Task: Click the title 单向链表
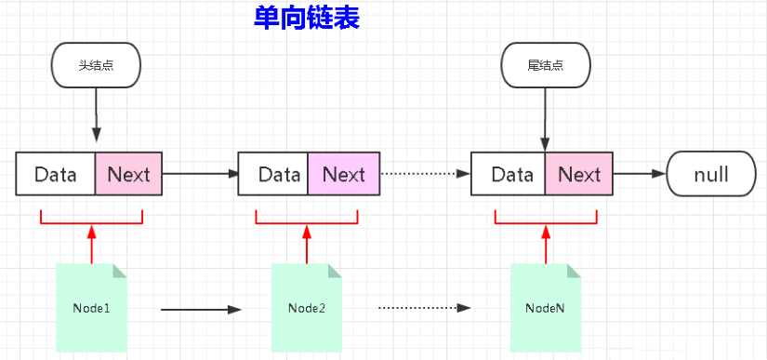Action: tap(306, 18)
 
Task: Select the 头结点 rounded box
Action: tap(96, 66)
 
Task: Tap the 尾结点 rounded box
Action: tap(545, 66)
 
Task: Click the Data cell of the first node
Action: tap(56, 174)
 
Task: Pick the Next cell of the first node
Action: tap(128, 174)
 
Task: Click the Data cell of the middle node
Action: tap(274, 174)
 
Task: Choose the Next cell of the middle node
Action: tap(343, 174)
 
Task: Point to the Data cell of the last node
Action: tap(509, 174)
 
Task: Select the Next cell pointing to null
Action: tap(579, 174)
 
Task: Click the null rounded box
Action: tap(711, 174)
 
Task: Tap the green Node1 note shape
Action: tap(91, 308)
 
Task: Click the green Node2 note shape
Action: tap(306, 308)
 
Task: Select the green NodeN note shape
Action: tap(545, 308)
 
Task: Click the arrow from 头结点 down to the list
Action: tap(95, 121)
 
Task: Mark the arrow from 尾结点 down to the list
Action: tap(545, 121)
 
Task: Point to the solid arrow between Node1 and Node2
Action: tap(200, 308)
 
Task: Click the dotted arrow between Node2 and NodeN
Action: tap(422, 308)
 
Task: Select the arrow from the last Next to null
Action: tap(640, 174)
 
